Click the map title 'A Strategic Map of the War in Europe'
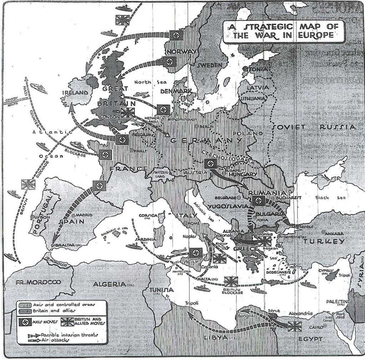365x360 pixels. pos(283,31)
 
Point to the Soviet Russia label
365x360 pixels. pos(314,127)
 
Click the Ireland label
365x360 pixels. pos(75,93)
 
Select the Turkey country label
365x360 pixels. pos(324,241)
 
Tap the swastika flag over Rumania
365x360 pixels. pos(259,201)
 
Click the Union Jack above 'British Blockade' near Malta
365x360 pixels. pos(231,282)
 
